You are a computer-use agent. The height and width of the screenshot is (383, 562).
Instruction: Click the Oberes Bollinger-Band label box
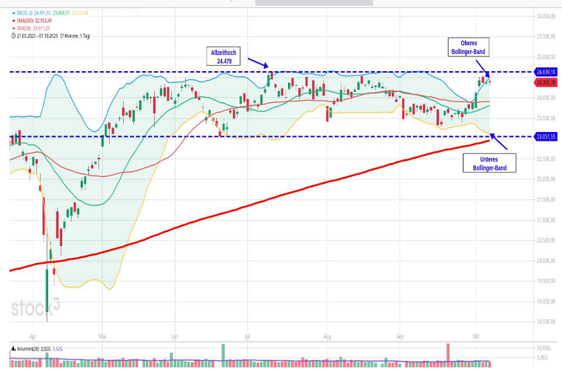click(x=469, y=47)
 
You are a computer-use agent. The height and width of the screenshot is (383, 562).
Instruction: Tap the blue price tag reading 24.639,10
click(x=547, y=72)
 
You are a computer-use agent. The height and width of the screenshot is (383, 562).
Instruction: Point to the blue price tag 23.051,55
click(x=547, y=137)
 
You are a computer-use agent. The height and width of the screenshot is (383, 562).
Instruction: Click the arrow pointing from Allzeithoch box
click(x=257, y=64)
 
